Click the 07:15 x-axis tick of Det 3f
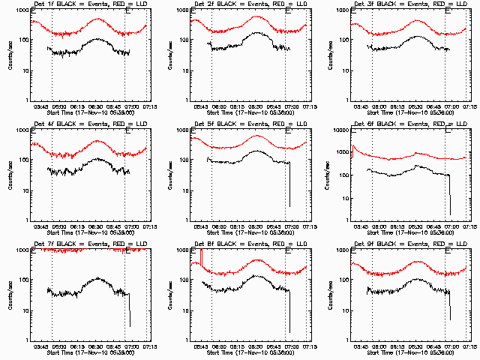(x=469, y=106)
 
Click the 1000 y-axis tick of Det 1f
(x=22, y=11)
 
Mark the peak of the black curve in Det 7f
(x=97, y=278)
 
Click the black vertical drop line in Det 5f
(x=289, y=184)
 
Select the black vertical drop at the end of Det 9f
(x=450, y=304)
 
